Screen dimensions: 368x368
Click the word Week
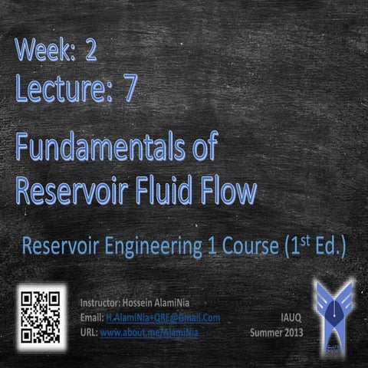(x=49, y=53)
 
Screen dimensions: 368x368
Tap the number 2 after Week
(x=91, y=53)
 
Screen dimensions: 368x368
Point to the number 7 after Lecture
(x=130, y=90)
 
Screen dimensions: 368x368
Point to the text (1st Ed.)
(x=315, y=248)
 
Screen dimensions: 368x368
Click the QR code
(x=41, y=314)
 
